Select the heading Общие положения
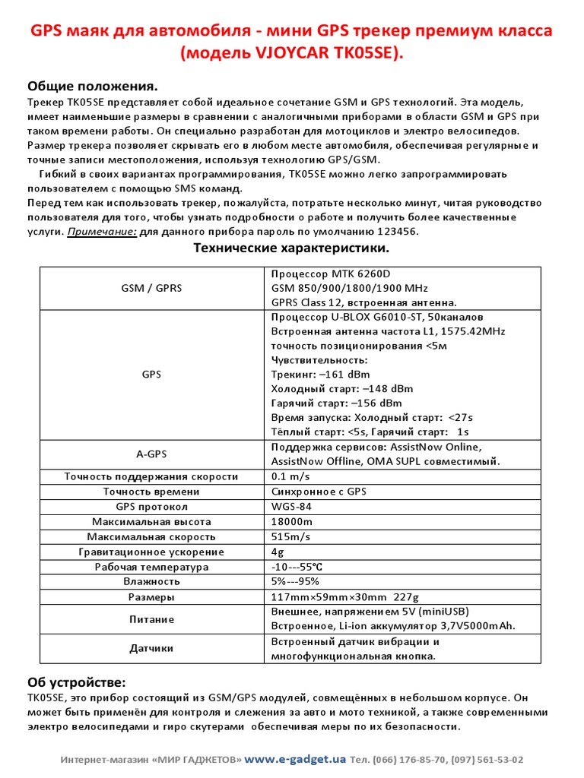pos(93,86)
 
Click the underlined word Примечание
pos(102,232)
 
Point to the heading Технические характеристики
pos(291,248)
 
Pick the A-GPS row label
pos(151,454)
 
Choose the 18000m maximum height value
pos(292,522)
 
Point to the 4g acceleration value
pos(278,552)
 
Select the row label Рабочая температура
pos(151,567)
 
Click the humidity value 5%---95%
pos(295,581)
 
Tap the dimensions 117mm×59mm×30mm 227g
pos(345,597)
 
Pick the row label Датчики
pos(151,648)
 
